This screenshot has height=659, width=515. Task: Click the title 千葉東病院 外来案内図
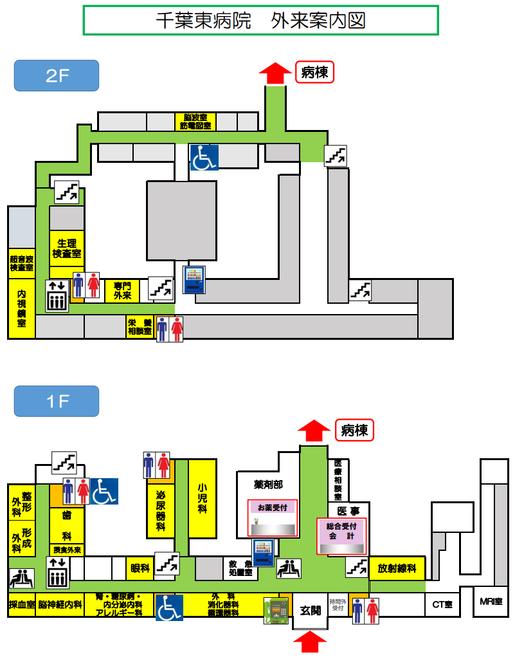[260, 20]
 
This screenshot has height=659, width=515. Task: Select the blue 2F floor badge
[57, 75]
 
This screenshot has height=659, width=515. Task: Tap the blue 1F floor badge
[57, 402]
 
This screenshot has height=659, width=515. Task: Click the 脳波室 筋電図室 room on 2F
[195, 122]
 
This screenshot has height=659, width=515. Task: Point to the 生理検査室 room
[67, 248]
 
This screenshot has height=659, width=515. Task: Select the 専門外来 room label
[122, 291]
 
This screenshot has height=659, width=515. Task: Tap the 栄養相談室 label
[140, 327]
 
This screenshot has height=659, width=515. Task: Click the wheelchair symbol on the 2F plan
[204, 158]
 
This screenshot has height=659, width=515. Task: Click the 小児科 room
[202, 499]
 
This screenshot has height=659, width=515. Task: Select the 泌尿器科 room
[161, 512]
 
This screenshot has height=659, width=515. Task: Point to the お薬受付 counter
[273, 508]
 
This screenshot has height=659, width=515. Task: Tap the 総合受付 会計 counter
[341, 530]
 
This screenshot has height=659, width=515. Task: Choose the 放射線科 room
[397, 568]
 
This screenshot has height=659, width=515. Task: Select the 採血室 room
[21, 605]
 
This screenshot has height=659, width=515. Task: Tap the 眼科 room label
[140, 568]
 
